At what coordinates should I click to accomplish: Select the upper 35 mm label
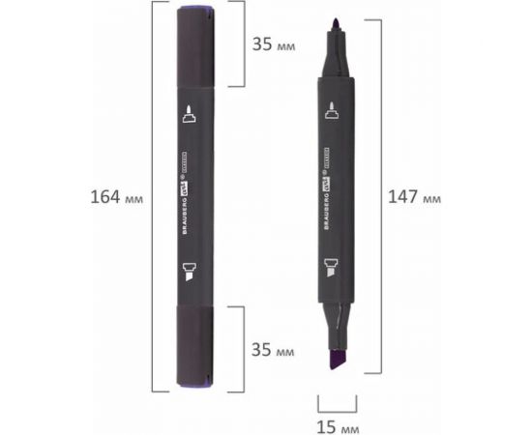[274, 44]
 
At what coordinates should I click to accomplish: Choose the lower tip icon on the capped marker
[189, 271]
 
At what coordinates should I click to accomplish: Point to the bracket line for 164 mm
[154, 197]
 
